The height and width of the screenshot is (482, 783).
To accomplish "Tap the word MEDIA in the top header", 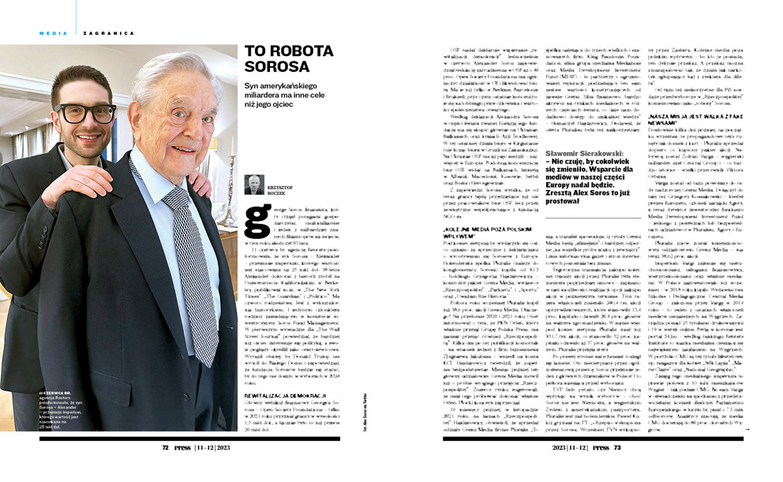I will point(52,32).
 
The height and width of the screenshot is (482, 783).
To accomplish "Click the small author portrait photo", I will point(254,185).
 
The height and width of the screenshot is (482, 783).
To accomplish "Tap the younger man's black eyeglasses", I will point(84,113).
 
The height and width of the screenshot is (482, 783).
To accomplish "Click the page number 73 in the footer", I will point(617,447).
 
